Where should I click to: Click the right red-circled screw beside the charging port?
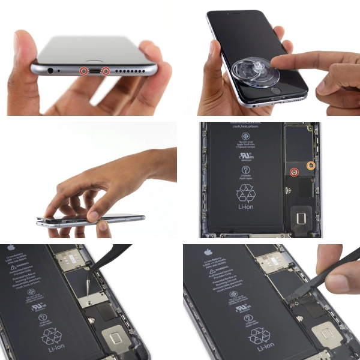point(106,71)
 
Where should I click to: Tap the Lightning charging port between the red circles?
point(95,71)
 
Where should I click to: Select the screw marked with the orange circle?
point(311,165)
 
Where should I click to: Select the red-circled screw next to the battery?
point(294,172)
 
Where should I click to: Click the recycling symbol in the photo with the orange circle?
point(245,194)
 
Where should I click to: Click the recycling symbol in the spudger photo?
point(259,333)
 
